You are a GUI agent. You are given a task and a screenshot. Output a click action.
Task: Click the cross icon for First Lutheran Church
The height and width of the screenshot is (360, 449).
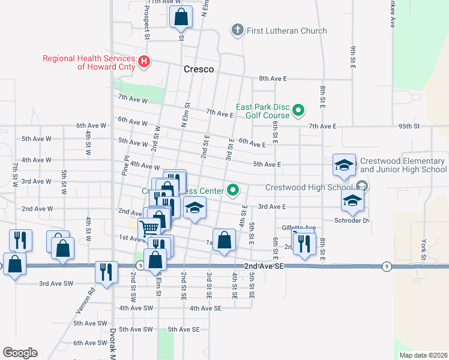[237, 30]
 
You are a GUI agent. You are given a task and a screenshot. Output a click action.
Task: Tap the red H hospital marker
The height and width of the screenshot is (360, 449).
[144, 61]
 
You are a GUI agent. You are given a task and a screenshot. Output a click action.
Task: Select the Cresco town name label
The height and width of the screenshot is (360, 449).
[198, 70]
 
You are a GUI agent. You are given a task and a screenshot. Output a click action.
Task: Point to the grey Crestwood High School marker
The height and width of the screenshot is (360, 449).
[362, 187]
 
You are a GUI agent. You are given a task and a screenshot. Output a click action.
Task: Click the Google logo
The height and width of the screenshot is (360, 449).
[20, 353]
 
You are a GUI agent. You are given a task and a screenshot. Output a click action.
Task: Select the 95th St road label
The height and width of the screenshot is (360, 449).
[406, 126]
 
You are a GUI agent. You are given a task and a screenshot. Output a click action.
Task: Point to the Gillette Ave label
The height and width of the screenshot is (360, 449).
[298, 228]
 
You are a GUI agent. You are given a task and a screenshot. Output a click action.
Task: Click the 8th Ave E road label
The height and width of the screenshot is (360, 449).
[273, 79]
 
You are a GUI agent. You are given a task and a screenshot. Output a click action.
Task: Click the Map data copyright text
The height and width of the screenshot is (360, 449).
[423, 355]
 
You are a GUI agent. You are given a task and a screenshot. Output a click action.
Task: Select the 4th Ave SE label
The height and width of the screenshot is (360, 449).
[206, 308]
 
